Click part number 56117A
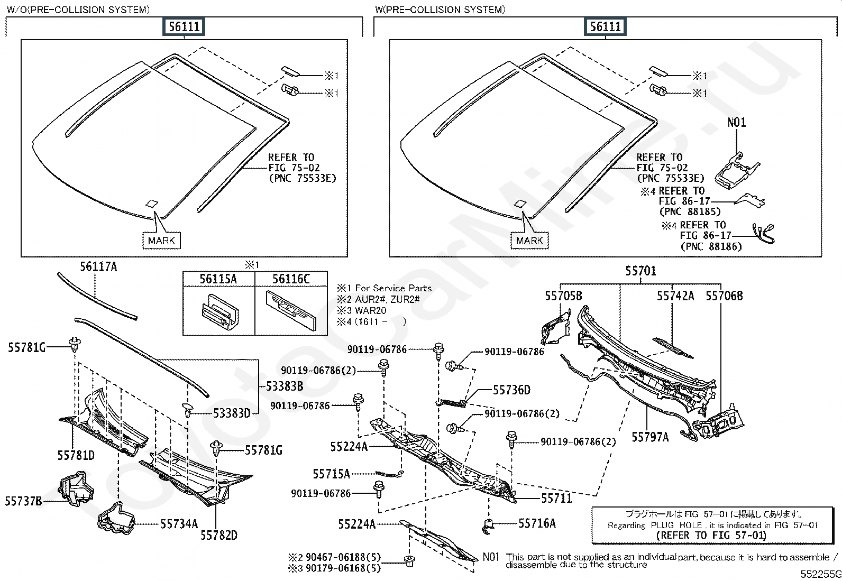point(98,267)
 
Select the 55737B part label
point(23,501)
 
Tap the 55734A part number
point(179,524)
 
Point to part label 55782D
point(219,535)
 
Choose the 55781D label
point(76,456)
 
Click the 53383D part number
point(232,413)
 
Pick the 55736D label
point(511,390)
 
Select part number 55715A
point(332,474)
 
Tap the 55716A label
point(537,523)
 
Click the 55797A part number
point(651,437)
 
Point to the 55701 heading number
point(640,271)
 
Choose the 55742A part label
point(675,296)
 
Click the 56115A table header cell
point(218,279)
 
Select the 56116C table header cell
point(291,279)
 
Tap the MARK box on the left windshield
point(161,241)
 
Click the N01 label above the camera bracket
point(737,122)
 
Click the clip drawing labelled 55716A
point(488,526)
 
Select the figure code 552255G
point(821,574)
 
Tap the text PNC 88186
point(711,246)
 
